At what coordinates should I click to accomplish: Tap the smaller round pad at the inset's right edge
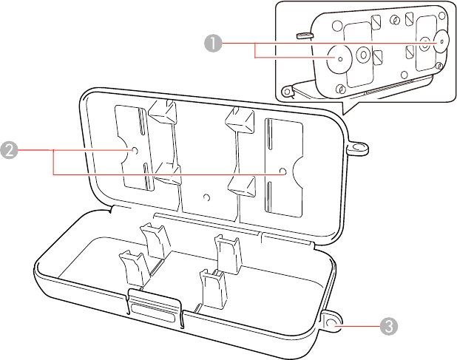pos(442,41)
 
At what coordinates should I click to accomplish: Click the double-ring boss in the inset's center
pos(364,55)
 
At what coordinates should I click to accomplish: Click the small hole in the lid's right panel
pos(283,172)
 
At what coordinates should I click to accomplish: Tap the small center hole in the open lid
pos(207,197)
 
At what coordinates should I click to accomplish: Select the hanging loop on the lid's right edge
pos(359,149)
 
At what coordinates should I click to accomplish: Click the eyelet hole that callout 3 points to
pos(332,322)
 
